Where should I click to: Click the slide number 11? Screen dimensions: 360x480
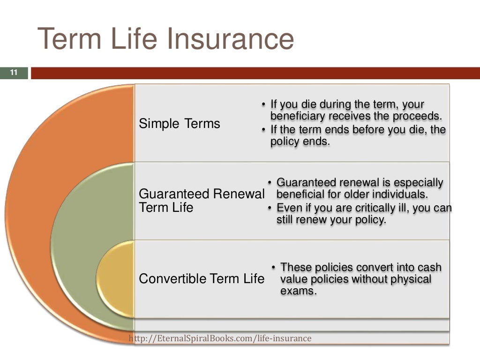(x=13, y=73)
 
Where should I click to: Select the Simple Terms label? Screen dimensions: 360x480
(x=180, y=124)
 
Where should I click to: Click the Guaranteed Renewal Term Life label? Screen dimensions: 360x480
(x=202, y=201)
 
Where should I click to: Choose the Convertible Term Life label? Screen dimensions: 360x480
(x=202, y=279)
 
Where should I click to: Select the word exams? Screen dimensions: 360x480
(x=298, y=291)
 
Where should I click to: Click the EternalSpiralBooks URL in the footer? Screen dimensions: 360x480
(x=220, y=338)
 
